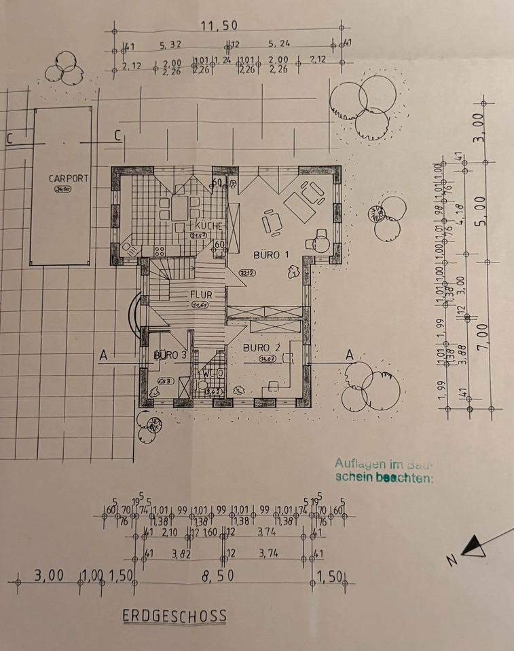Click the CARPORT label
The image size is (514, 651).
(69, 178)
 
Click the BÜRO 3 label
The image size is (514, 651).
(170, 355)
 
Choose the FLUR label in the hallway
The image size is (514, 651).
(202, 296)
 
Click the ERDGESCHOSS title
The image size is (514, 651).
(175, 616)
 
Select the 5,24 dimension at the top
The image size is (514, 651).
(280, 46)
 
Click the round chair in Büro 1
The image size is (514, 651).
(320, 240)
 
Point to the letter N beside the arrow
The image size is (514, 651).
(450, 561)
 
